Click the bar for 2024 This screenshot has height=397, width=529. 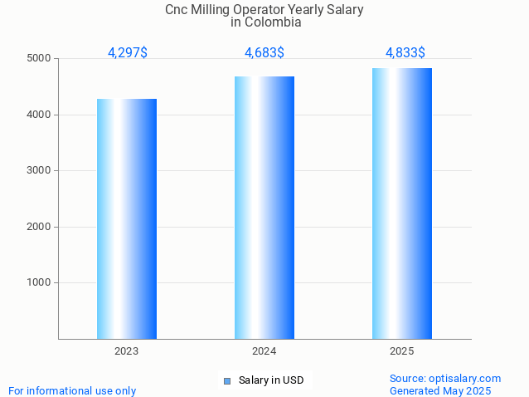[x=264, y=208]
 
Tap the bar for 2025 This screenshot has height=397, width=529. [x=402, y=203]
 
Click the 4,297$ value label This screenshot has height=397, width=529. [x=128, y=52]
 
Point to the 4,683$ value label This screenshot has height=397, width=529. [x=264, y=52]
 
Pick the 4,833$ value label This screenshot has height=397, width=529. [x=405, y=52]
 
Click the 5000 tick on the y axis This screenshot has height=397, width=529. [x=38, y=58]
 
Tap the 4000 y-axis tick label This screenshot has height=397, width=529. [x=38, y=115]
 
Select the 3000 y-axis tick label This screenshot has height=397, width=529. [x=38, y=170]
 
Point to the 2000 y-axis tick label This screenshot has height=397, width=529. [x=38, y=227]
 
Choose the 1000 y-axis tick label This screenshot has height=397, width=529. [x=38, y=282]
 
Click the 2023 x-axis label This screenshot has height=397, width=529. [x=127, y=352]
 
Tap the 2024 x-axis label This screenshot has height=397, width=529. [x=264, y=352]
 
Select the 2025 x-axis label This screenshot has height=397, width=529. [x=402, y=352]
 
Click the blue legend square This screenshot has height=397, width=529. [x=227, y=381]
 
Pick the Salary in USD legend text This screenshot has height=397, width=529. [x=271, y=380]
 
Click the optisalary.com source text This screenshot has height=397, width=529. [x=468, y=378]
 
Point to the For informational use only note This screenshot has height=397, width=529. [x=72, y=390]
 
